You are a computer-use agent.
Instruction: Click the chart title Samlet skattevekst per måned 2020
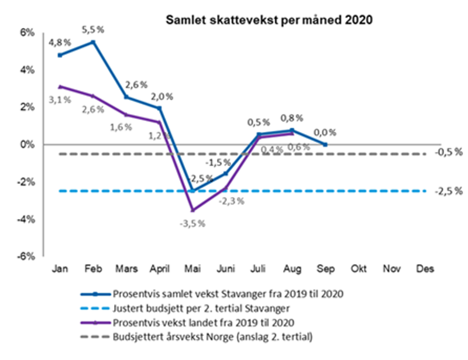pyautogui.click(x=269, y=20)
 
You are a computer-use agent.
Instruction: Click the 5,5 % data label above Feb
pyautogui.click(x=93, y=29)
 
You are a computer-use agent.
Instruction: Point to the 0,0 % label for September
pyautogui.click(x=325, y=133)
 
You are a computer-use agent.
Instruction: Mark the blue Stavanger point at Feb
pyautogui.click(x=93, y=42)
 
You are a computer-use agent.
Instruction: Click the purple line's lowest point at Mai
pyautogui.click(x=192, y=210)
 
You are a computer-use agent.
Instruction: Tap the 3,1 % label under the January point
pyautogui.click(x=60, y=100)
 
